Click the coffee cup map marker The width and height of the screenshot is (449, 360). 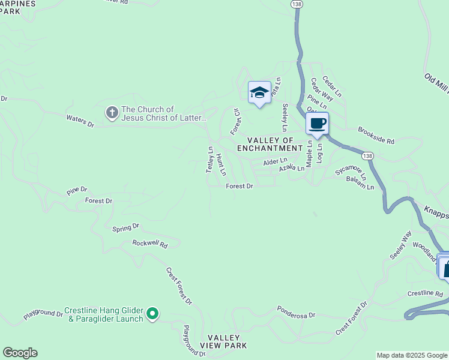click(318, 124)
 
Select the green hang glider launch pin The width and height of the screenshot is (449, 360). click(152, 313)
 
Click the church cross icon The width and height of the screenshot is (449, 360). click(111, 113)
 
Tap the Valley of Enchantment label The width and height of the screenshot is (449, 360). click(270, 143)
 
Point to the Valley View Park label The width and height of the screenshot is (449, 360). click(226, 342)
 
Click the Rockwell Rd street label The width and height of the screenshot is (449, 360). click(149, 244)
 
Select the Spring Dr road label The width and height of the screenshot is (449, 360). click(125, 227)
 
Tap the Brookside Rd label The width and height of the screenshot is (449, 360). click(376, 136)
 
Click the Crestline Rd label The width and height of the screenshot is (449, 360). click(424, 293)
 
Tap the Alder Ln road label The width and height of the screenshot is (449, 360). click(275, 162)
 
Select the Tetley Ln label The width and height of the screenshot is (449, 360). click(210, 160)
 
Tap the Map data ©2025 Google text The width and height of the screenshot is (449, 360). click(411, 355)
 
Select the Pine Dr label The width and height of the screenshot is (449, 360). click(77, 191)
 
